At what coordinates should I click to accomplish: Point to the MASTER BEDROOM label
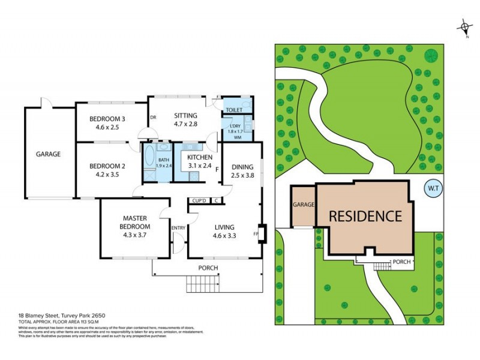136,222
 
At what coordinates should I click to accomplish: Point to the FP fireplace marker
257,233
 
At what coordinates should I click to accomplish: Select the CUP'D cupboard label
199,200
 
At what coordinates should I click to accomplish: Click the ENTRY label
178,227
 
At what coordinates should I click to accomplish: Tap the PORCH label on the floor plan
208,268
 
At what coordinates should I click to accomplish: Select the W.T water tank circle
432,189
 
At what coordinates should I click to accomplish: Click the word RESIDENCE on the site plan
364,215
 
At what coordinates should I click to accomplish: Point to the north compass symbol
464,27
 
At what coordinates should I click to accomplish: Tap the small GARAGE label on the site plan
304,205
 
